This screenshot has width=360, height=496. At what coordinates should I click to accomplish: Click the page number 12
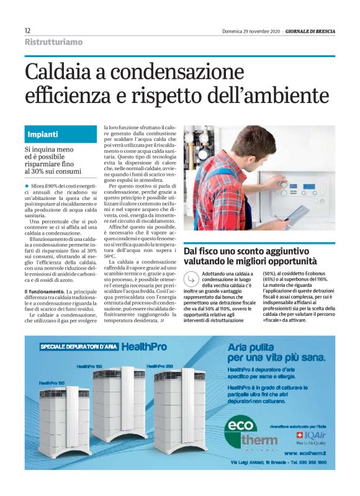pos(28,30)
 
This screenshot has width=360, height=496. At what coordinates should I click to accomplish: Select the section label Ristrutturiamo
pos(53,42)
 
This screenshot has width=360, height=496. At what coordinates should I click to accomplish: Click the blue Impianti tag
pos(43,134)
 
